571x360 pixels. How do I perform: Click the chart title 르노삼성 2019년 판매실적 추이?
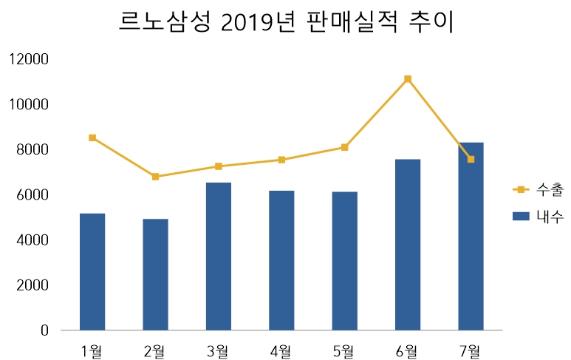(x=286, y=22)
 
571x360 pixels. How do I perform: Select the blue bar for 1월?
(x=92, y=271)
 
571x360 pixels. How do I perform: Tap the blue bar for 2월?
(x=155, y=274)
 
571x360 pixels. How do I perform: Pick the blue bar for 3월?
(x=219, y=256)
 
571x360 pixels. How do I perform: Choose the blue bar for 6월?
(x=408, y=245)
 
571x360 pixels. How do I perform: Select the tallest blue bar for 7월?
(x=471, y=236)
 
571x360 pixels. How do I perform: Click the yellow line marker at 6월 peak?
(x=408, y=79)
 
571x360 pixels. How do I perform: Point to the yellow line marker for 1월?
(x=92, y=137)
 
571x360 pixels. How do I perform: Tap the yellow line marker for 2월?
(x=155, y=177)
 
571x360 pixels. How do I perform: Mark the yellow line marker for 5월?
(x=344, y=147)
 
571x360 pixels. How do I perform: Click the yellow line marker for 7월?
(x=471, y=159)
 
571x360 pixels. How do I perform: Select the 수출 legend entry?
(x=538, y=189)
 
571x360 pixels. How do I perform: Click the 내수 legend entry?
(x=538, y=217)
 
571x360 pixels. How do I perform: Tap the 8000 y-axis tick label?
(x=33, y=150)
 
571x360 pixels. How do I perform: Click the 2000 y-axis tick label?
(x=33, y=285)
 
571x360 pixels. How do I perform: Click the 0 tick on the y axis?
(x=44, y=330)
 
